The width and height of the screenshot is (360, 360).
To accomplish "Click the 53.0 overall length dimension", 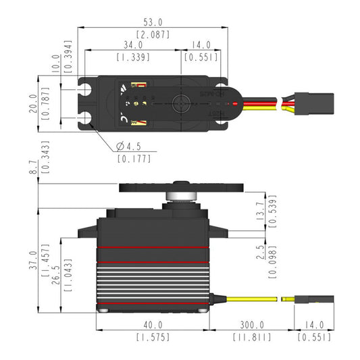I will pos(153,22).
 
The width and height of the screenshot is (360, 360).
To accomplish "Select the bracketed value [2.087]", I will pos(153,34).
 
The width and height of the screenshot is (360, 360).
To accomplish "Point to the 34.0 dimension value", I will pos(132,45).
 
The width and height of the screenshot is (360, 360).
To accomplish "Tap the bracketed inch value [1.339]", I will pos(132,57).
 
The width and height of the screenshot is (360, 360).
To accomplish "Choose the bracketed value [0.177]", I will pos(134,159).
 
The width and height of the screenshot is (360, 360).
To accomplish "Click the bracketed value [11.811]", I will pos(251,337).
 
